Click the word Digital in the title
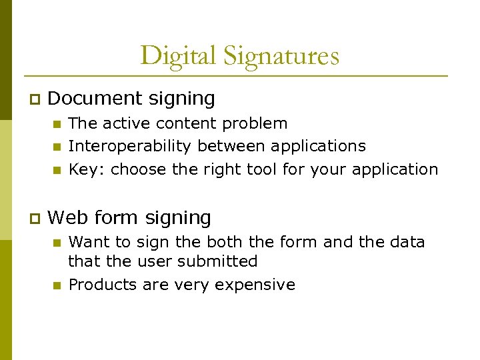pyautogui.click(x=178, y=55)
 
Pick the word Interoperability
pyautogui.click(x=131, y=146)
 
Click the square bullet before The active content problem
pyautogui.click(x=57, y=124)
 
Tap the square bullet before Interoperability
pyautogui.click(x=57, y=147)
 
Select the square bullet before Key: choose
pyautogui.click(x=57, y=170)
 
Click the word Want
pyautogui.click(x=91, y=242)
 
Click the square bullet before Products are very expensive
pyautogui.click(x=57, y=285)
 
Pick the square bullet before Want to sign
pyautogui.click(x=57, y=243)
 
